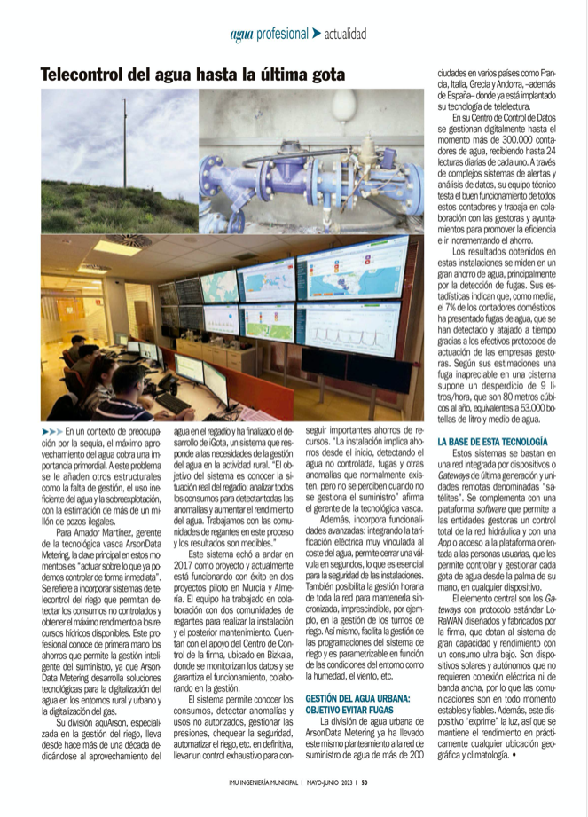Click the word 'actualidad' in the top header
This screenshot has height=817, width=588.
345,35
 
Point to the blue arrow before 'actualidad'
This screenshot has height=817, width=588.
317,34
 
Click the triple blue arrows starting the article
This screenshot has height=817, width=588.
51,430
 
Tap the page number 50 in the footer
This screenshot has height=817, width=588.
365,782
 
